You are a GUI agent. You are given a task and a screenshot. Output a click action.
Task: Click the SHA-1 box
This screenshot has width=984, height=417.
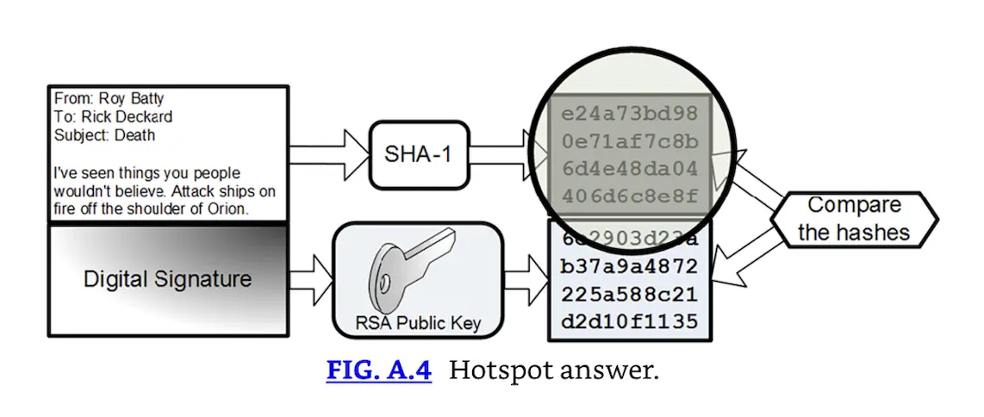click(x=418, y=155)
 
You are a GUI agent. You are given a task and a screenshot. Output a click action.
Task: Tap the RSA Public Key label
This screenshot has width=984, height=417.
click(x=418, y=325)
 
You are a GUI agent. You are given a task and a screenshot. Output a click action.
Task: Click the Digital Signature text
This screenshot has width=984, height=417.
click(x=167, y=279)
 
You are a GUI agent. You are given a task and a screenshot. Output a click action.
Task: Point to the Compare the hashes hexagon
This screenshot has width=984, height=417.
click(x=853, y=219)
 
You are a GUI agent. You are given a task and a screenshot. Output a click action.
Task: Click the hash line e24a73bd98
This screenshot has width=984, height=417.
click(x=630, y=114)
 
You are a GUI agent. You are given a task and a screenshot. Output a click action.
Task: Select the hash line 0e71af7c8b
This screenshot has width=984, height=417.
click(x=630, y=141)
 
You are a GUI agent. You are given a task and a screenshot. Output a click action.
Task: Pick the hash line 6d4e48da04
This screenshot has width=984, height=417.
click(x=630, y=169)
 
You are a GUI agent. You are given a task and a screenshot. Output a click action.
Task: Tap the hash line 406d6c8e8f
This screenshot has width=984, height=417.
click(x=630, y=196)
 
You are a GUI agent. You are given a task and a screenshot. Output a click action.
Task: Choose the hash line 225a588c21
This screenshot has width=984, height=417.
click(x=630, y=293)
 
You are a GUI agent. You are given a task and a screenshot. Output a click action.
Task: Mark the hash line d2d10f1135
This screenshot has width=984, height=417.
click(x=630, y=321)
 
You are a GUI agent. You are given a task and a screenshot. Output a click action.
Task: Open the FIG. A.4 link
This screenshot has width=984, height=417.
click(x=378, y=371)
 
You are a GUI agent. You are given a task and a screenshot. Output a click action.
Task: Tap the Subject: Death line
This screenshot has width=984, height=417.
click(x=104, y=134)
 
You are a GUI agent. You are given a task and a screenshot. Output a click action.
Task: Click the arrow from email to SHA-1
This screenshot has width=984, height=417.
click(x=327, y=155)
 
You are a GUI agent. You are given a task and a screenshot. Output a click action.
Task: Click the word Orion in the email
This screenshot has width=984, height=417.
click(x=225, y=208)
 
